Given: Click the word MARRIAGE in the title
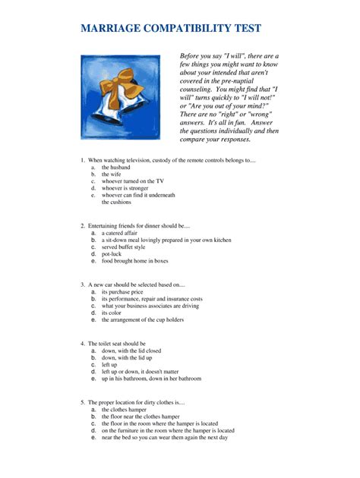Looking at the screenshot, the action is pyautogui.click(x=113, y=29).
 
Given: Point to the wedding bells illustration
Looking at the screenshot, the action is pyautogui.click(x=121, y=96).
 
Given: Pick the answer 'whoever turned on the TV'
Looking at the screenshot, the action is pyautogui.click(x=133, y=181).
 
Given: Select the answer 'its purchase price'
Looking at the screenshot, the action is pyautogui.click(x=122, y=291).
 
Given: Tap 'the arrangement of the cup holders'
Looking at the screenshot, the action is pyautogui.click(x=143, y=319).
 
